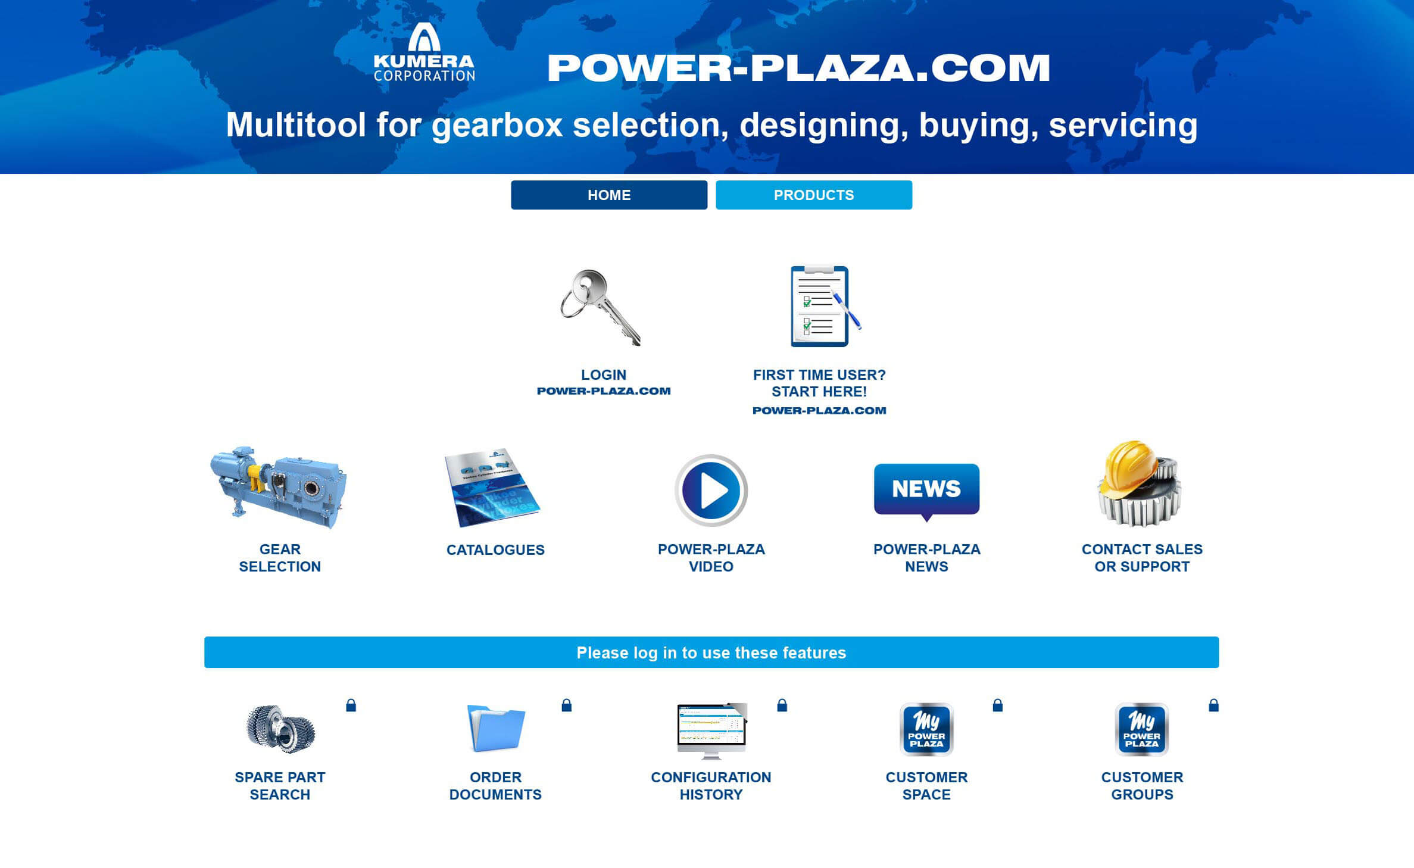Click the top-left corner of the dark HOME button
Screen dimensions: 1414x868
[511, 181]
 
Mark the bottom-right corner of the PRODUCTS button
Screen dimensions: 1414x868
[912, 209]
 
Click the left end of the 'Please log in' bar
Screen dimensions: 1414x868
[205, 652]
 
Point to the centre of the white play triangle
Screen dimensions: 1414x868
[714, 491]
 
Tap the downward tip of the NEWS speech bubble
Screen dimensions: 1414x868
[926, 522]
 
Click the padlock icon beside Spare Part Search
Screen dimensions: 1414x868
[351, 705]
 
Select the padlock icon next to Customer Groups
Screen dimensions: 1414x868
[1214, 705]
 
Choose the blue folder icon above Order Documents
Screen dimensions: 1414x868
[496, 728]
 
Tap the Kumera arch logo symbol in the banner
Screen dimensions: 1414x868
[424, 38]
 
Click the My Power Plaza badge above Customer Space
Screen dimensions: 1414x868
[926, 729]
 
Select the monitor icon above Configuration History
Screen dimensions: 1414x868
[711, 731]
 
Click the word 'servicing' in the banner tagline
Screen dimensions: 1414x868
[1123, 125]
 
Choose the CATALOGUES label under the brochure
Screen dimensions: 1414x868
[495, 550]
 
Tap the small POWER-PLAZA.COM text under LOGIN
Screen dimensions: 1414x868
[604, 391]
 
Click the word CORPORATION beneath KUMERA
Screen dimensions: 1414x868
[424, 76]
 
